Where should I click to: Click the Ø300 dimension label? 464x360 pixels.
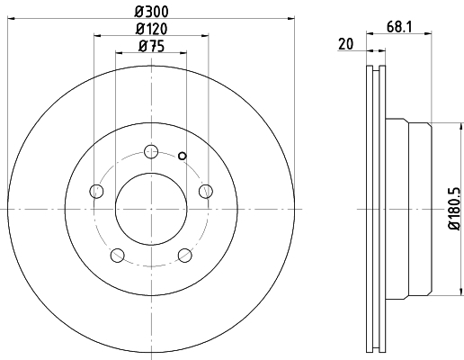click(x=151, y=12)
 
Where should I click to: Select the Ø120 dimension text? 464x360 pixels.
click(x=151, y=29)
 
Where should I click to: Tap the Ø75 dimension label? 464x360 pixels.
click(x=151, y=46)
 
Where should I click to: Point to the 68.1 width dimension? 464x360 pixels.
click(x=399, y=27)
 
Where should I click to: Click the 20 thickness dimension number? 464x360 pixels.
click(x=346, y=44)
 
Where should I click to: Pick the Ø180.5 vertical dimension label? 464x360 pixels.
click(x=454, y=209)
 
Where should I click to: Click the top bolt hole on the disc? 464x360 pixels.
click(x=151, y=151)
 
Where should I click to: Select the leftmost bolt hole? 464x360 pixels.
click(x=96, y=191)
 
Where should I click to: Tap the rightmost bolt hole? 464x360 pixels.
click(x=206, y=191)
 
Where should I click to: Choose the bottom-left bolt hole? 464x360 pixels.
click(x=118, y=256)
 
